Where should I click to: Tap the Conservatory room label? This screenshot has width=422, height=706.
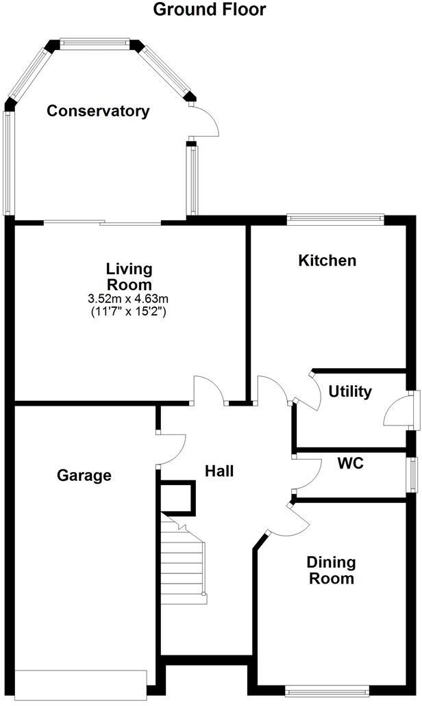(x=98, y=111)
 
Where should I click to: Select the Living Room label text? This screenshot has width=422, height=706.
(x=129, y=276)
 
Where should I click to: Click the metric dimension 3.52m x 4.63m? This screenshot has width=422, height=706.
(x=129, y=298)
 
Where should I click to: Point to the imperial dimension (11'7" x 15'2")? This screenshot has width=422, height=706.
(x=129, y=311)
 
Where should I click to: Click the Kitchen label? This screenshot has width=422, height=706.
(x=327, y=261)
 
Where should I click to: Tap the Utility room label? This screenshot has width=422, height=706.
(x=349, y=392)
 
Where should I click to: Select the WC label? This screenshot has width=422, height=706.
(x=350, y=463)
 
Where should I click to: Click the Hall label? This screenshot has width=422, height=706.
(x=220, y=471)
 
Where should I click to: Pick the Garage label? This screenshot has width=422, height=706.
(x=84, y=475)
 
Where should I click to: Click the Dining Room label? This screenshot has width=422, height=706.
(x=331, y=570)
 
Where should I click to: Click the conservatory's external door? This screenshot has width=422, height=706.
(x=204, y=123)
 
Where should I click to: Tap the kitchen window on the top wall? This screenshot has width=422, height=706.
(x=335, y=219)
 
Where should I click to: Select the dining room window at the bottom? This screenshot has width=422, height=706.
(x=325, y=692)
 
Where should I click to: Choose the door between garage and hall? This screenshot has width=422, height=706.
(x=171, y=450)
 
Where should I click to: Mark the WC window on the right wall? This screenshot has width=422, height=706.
(x=413, y=474)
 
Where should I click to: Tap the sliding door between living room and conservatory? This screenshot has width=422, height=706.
(x=103, y=222)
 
